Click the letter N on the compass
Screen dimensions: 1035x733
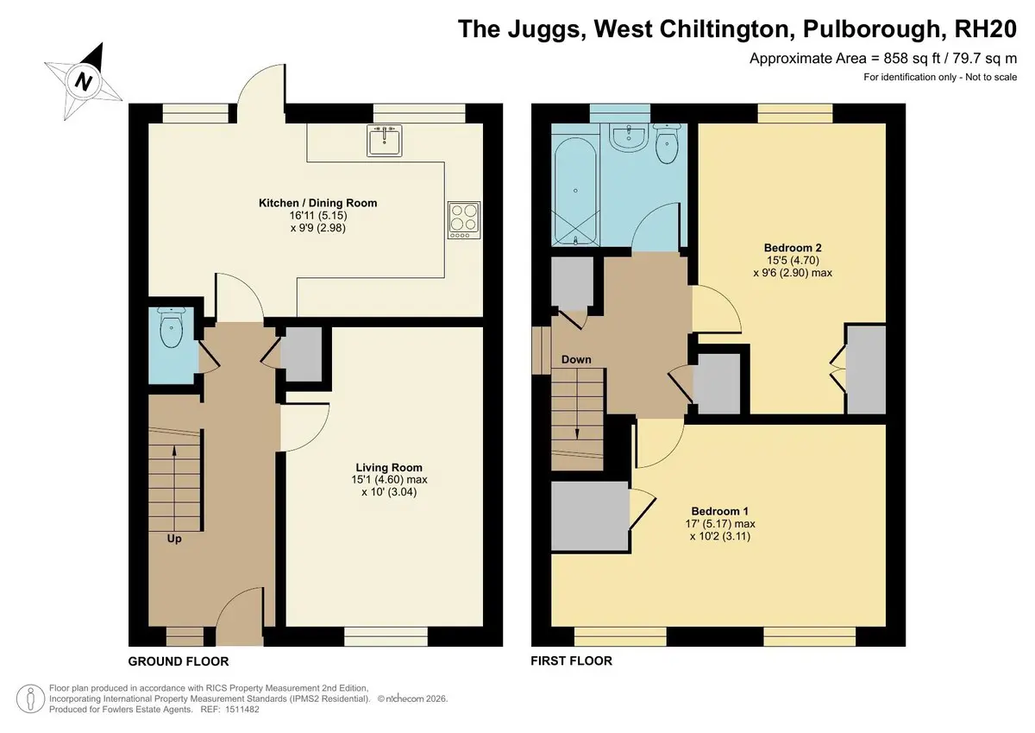[84, 82]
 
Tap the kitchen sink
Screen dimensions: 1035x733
[385, 140]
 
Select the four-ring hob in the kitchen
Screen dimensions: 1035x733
[464, 220]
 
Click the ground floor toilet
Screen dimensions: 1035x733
[172, 327]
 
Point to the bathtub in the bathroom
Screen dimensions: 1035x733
[575, 191]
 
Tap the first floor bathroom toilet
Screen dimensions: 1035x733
[667, 143]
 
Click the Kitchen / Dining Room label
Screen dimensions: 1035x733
[318, 203]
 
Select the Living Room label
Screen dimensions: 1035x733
[389, 468]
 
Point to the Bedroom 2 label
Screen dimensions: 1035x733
[793, 248]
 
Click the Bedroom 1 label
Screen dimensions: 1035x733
[719, 511]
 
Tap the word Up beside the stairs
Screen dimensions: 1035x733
[174, 540]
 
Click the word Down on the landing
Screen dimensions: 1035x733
[576, 359]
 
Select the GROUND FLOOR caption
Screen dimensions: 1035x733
[179, 662]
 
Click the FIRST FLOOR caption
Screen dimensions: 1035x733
[572, 660]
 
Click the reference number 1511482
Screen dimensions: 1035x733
[242, 710]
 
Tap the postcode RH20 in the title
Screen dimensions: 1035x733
[986, 28]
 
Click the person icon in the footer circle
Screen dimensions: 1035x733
[30, 698]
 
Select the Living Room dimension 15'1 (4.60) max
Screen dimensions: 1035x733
[389, 479]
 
